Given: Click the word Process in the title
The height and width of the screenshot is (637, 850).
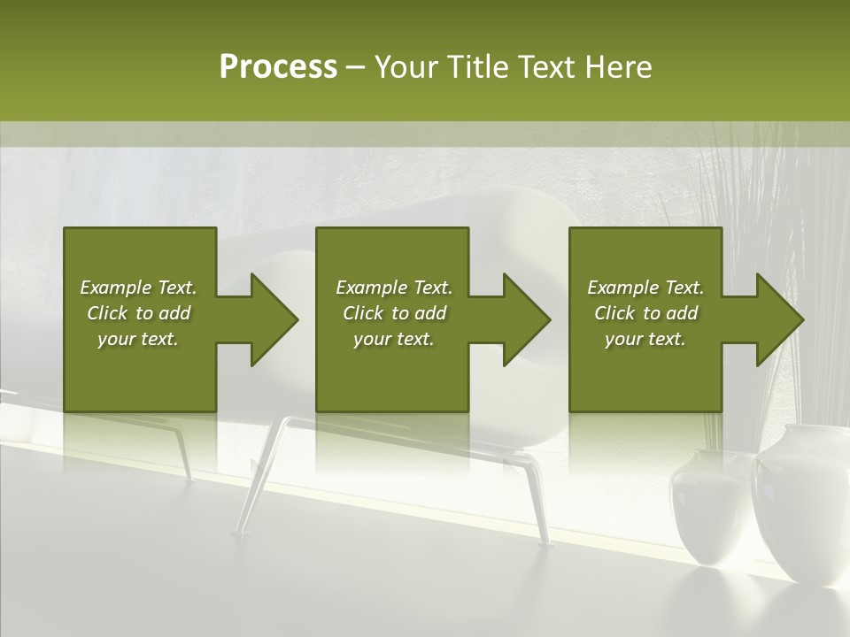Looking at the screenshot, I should [278, 66].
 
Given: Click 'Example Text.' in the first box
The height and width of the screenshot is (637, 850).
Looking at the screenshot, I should [138, 288].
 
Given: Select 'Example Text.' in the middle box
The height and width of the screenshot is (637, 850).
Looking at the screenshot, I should [394, 288].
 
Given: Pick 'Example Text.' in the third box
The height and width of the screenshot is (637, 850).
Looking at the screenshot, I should [645, 288].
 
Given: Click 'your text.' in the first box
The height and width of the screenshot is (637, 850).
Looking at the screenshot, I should [138, 339].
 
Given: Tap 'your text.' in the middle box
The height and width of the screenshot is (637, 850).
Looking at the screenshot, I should [394, 339].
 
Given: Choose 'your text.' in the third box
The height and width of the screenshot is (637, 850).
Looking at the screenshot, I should [645, 339].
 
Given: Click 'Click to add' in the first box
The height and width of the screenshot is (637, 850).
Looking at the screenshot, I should [138, 313].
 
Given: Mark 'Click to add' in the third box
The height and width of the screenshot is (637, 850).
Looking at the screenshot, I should [645, 313].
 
